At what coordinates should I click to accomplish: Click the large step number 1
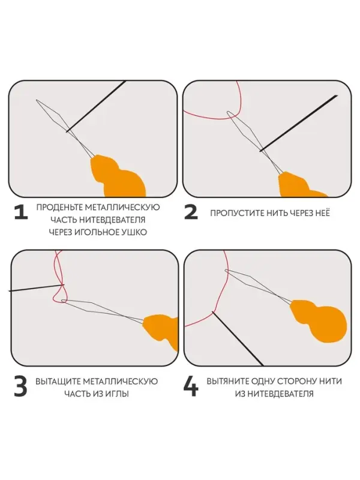click(x=20, y=213)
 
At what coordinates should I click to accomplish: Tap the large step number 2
click(x=191, y=213)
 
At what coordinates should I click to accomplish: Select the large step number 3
click(x=20, y=387)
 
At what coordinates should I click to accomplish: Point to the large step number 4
click(x=191, y=387)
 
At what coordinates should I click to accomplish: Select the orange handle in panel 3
click(x=162, y=330)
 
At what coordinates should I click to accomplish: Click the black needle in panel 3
click(x=36, y=288)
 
